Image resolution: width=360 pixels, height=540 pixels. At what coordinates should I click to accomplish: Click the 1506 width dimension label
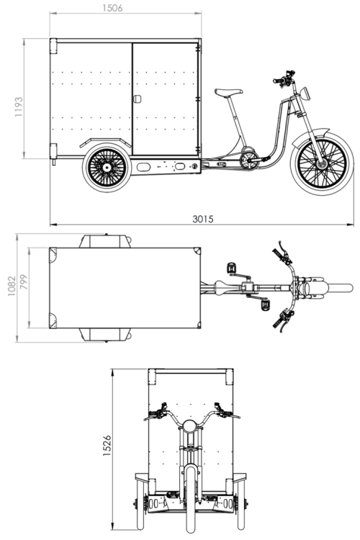coord(112,8)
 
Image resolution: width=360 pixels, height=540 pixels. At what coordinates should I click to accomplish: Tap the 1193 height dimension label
coord(19,107)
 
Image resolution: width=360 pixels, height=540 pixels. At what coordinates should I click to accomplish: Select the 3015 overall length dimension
coord(203,219)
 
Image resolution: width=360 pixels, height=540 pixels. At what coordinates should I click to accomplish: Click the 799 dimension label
coord(23,282)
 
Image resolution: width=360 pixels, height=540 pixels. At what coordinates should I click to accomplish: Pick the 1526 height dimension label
coord(107,446)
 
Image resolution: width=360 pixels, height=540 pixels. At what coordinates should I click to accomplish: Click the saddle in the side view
coord(229,92)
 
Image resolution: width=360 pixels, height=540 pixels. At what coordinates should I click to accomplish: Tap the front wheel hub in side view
coord(323,164)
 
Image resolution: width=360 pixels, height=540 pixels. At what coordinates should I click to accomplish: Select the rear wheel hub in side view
coord(107,168)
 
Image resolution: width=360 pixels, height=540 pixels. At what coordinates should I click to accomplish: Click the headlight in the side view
coord(305,94)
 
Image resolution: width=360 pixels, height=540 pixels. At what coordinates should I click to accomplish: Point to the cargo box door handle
coord(137,99)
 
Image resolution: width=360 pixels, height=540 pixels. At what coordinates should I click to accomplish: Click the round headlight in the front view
coord(189,426)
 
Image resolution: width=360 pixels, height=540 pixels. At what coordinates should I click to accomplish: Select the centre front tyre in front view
coord(191,500)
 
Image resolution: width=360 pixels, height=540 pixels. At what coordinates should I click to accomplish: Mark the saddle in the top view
coord(226,287)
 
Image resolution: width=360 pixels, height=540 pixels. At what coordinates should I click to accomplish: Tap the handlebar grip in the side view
coord(277,81)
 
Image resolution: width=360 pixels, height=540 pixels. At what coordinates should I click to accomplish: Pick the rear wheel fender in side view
coord(105,142)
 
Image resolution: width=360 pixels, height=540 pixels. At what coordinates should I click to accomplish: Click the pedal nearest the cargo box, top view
coord(232,268)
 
